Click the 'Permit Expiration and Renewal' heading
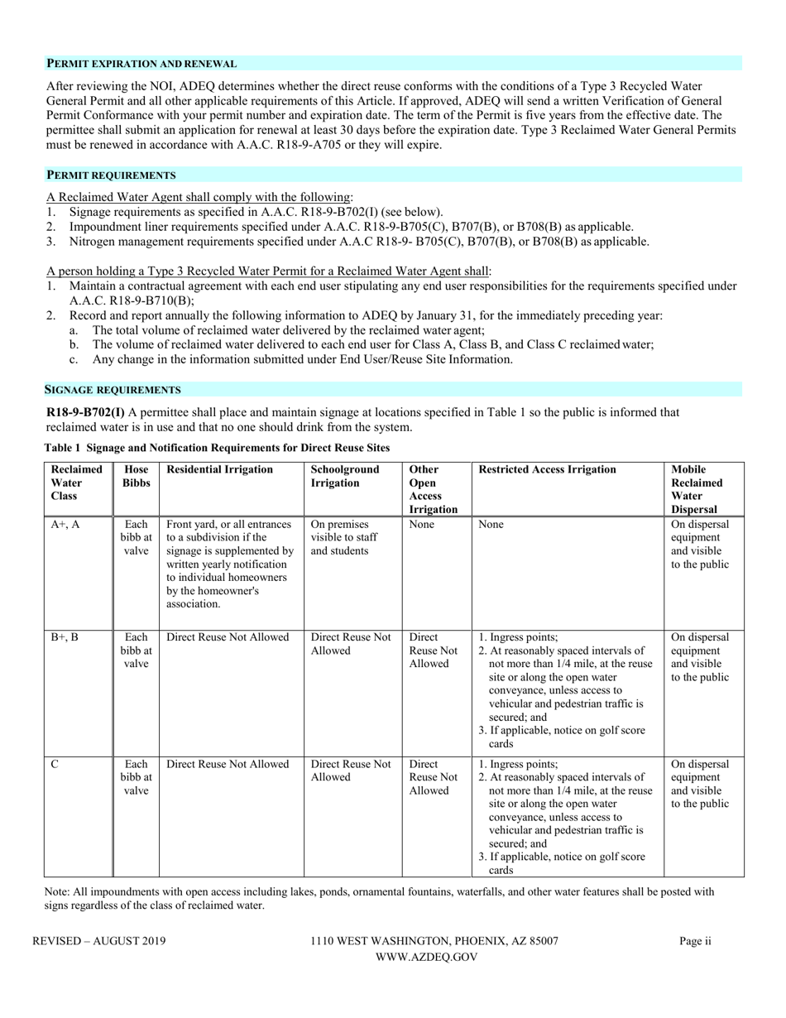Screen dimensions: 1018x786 pyautogui.click(x=141, y=64)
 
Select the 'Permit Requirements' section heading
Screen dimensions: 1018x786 pyautogui.click(x=110, y=175)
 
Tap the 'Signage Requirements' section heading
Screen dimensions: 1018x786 pyautogui.click(x=113, y=389)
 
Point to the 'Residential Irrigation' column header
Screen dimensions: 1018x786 pyautogui.click(x=219, y=469)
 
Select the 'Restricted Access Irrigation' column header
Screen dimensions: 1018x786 pyautogui.click(x=547, y=469)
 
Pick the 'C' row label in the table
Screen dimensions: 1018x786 pyautogui.click(x=55, y=765)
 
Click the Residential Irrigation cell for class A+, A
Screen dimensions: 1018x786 pyautogui.click(x=230, y=564)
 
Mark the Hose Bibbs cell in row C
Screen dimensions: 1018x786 pyautogui.click(x=136, y=777)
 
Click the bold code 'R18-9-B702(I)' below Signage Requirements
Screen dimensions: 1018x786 pyautogui.click(x=86, y=411)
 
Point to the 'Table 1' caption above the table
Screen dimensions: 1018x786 pyautogui.click(x=216, y=447)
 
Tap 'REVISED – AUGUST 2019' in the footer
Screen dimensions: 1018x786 pyautogui.click(x=98, y=941)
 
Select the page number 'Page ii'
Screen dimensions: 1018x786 pyautogui.click(x=695, y=941)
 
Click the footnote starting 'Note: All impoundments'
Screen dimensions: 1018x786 pyautogui.click(x=378, y=899)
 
